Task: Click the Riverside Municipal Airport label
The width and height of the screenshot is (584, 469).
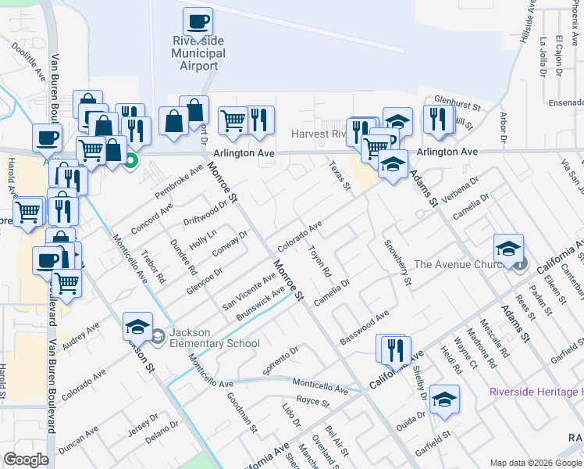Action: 198,53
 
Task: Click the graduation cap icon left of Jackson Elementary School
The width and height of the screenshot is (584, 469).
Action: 138,327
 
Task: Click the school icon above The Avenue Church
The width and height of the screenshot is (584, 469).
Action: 508,249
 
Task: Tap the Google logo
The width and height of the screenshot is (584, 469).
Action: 27,460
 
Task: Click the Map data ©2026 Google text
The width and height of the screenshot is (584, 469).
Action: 535,463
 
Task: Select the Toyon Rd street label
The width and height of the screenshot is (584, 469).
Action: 321,263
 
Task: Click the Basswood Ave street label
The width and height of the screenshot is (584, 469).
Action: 365,328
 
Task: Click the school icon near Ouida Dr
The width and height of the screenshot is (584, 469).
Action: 444,399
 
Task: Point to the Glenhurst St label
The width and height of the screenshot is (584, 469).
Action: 458,101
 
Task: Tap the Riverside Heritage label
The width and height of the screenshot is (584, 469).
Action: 536,392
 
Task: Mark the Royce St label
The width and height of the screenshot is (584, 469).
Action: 314,402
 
